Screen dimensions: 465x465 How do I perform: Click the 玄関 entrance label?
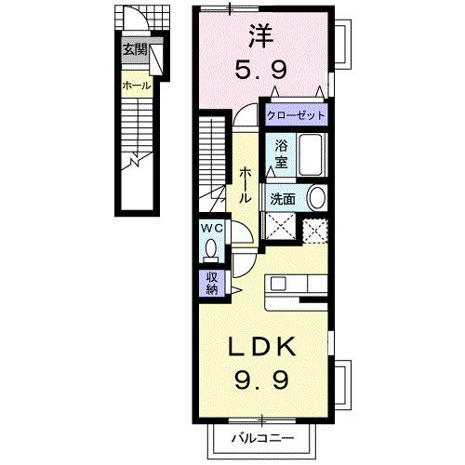coord(135,49)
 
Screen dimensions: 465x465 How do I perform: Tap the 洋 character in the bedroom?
coord(260,35)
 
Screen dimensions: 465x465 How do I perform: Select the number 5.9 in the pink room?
coord(260,70)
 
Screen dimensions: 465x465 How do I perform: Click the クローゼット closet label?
coord(296,115)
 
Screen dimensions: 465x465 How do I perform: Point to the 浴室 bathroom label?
coord(281,154)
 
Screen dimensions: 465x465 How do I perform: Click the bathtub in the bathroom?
coord(312,155)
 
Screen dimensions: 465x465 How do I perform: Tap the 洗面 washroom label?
coord(283,199)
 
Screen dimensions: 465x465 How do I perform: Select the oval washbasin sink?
coord(316,198)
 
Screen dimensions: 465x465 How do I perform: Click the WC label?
coord(212,229)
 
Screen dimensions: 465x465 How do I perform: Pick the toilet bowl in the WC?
coord(212,248)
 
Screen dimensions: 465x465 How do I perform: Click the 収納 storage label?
coord(212,284)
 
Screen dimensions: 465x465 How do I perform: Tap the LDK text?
coord(261,347)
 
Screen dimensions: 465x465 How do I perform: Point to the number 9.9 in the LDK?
coord(261,380)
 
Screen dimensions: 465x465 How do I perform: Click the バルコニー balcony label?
coord(263,438)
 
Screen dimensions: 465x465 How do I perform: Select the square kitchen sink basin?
coord(278,284)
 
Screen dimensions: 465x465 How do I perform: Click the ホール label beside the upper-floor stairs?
coord(245,185)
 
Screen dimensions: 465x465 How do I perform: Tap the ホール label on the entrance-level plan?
coord(137,86)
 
